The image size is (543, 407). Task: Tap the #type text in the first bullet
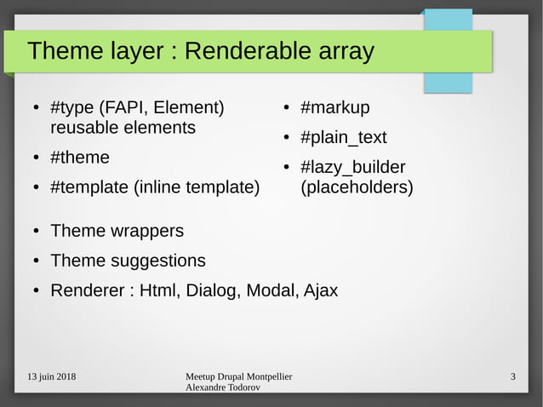72,108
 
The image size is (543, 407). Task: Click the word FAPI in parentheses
126,108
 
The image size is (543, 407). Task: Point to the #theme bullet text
80,158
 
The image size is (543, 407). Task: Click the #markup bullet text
335,108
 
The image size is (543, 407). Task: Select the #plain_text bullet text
344,138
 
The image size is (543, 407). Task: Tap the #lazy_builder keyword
353,168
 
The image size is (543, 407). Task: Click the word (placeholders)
357,187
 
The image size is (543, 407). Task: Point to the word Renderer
88,290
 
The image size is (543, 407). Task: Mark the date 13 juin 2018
50,377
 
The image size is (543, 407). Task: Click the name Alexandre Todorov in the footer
223,388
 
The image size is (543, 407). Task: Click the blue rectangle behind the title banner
460,82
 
